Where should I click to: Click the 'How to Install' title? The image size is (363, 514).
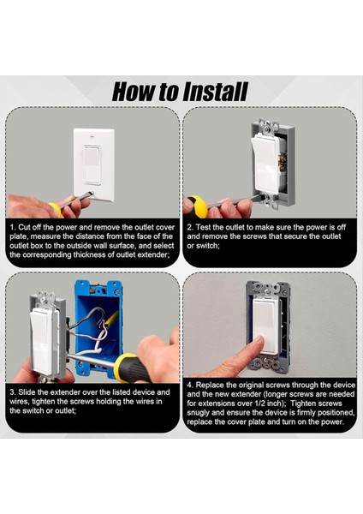click(180, 92)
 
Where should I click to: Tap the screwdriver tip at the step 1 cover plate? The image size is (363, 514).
click(92, 193)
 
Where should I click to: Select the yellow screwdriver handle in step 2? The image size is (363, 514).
click(198, 206)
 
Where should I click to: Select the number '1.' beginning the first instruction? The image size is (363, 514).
click(13, 227)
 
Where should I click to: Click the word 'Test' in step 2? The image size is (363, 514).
click(204, 227)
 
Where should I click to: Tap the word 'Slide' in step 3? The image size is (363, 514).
click(27, 392)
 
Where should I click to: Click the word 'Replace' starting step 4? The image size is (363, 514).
click(210, 385)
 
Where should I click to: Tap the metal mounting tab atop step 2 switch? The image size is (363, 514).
click(268, 125)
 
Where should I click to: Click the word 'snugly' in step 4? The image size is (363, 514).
click(199, 413)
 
